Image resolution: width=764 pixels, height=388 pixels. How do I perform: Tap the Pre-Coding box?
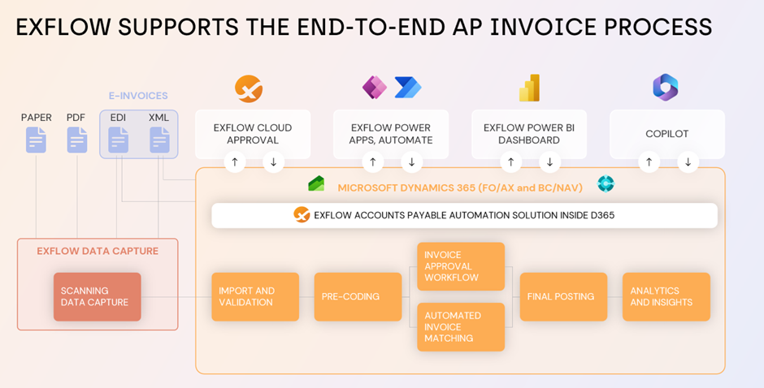point(358,296)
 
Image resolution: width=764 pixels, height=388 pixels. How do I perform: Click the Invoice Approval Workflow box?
point(461,266)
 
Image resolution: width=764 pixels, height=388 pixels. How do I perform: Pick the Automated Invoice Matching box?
point(461,327)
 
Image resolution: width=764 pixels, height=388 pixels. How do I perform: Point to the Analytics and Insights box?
point(666,296)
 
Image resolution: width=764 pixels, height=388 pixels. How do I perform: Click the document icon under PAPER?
point(36,140)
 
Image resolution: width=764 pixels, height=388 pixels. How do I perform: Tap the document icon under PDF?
point(76,140)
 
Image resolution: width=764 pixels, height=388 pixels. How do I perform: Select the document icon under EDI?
point(119,140)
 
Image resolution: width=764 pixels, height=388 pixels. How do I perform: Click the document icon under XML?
point(159,140)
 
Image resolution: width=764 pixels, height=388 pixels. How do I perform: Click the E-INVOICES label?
point(139,96)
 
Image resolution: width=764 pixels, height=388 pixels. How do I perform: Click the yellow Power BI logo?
point(530,88)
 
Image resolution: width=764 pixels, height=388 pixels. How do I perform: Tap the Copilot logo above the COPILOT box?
point(666,88)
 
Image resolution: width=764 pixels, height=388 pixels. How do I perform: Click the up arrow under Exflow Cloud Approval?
point(234,162)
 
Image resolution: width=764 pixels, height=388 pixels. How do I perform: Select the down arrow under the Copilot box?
point(688,162)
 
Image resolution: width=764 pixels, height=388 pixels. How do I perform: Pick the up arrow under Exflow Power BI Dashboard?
point(510,162)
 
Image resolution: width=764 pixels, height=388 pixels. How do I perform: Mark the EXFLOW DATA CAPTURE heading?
point(98,251)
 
